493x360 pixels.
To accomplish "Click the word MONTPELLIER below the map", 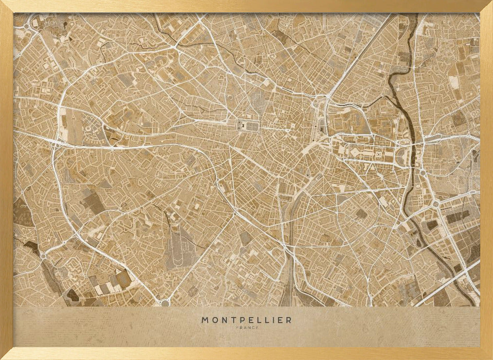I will point(246,320).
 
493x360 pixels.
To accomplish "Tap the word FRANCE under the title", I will point(246,327).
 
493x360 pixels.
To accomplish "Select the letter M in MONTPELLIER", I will point(205,320).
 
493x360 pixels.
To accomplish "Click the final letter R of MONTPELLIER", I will point(289,320).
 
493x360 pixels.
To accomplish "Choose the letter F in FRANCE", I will point(238,327).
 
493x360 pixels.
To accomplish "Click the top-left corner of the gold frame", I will point(2,2).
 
